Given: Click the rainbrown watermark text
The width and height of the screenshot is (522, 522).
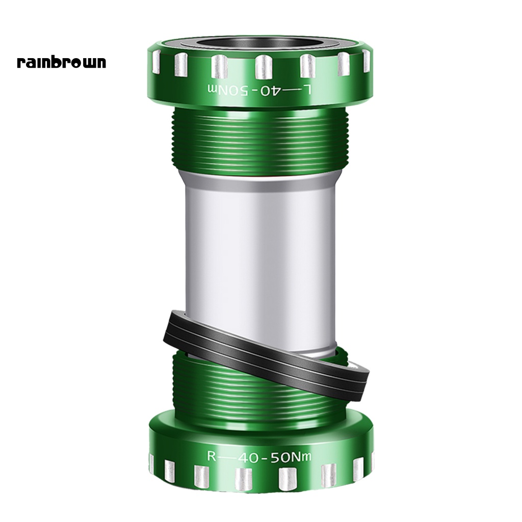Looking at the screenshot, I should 62,62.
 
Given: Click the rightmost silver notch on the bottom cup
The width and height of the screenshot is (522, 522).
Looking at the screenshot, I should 371,461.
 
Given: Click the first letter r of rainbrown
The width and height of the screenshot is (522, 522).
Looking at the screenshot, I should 20,63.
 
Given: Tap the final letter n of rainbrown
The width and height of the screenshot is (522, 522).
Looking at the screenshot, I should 101,63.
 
